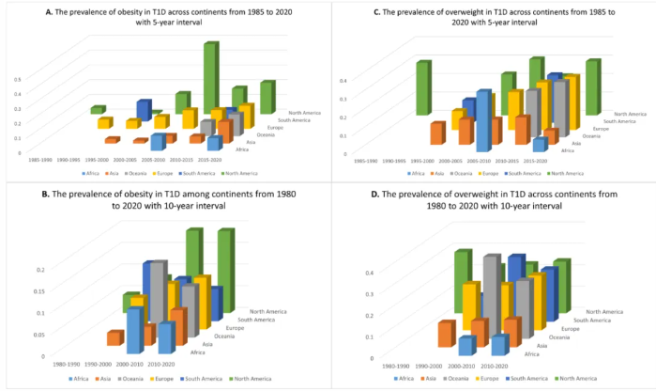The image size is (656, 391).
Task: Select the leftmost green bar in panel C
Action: click(x=423, y=89)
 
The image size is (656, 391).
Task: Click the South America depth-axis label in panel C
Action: click(x=618, y=120)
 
